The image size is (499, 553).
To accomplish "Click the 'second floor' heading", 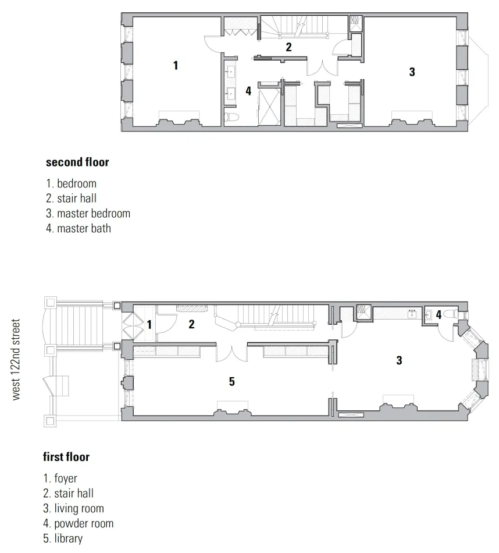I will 77,162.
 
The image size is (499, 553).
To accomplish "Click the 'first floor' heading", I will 66,457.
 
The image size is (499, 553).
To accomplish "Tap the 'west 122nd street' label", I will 16,359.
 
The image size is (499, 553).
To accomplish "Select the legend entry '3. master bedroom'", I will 88,213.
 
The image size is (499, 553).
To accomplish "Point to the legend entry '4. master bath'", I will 78,228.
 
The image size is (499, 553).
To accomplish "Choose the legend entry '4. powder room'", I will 79,523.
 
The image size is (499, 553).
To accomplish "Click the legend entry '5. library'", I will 63,538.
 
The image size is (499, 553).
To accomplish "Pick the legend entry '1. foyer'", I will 60,479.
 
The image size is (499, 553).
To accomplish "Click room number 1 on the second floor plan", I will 176,65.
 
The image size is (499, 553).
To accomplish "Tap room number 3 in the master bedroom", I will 412,72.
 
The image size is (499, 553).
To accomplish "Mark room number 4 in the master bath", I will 248,91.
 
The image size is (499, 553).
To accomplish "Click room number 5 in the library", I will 231,382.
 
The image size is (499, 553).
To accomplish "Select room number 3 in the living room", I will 399,360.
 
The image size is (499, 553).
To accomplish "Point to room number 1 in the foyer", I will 149,324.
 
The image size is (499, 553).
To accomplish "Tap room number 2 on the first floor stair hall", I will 191,325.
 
